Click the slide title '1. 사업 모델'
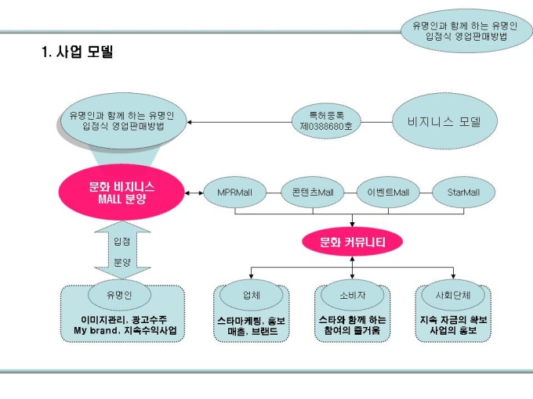pos(77,53)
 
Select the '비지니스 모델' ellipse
pos(443,122)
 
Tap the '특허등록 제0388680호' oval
pos(326,120)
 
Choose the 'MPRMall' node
pos(227,192)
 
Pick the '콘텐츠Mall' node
pos(313,192)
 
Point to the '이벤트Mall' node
pos(388,192)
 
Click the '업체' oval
pos(251,295)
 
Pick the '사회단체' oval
pos(452,295)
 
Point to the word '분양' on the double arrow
pos(122,262)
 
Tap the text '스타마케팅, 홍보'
pos(252,320)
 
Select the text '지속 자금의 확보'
pos(453,320)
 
